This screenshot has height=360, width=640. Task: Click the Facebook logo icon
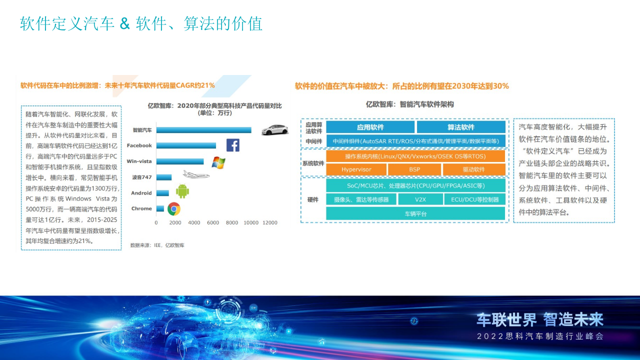point(232,145)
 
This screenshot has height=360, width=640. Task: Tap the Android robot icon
point(182,191)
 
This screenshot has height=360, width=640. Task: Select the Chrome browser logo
point(174,209)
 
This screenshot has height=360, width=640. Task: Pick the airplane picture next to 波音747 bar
point(195,174)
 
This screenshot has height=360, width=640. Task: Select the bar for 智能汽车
point(203,130)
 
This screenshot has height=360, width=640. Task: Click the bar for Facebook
point(186,145)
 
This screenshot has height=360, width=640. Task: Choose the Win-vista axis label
point(139,161)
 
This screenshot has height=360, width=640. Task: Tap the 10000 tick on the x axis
point(251,222)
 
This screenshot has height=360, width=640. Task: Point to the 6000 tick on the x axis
point(213,222)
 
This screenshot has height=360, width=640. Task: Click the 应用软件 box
point(370,127)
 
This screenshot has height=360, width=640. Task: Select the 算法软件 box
point(460,127)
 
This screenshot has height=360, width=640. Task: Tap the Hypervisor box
point(356,169)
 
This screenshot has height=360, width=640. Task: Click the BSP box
point(414,169)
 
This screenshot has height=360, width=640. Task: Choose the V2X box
point(420,199)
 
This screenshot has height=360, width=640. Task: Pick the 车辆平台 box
point(415,213)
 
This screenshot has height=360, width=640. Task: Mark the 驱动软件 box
point(473,169)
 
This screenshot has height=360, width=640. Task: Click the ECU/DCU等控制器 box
point(474,199)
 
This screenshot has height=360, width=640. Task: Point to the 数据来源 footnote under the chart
point(157,245)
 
